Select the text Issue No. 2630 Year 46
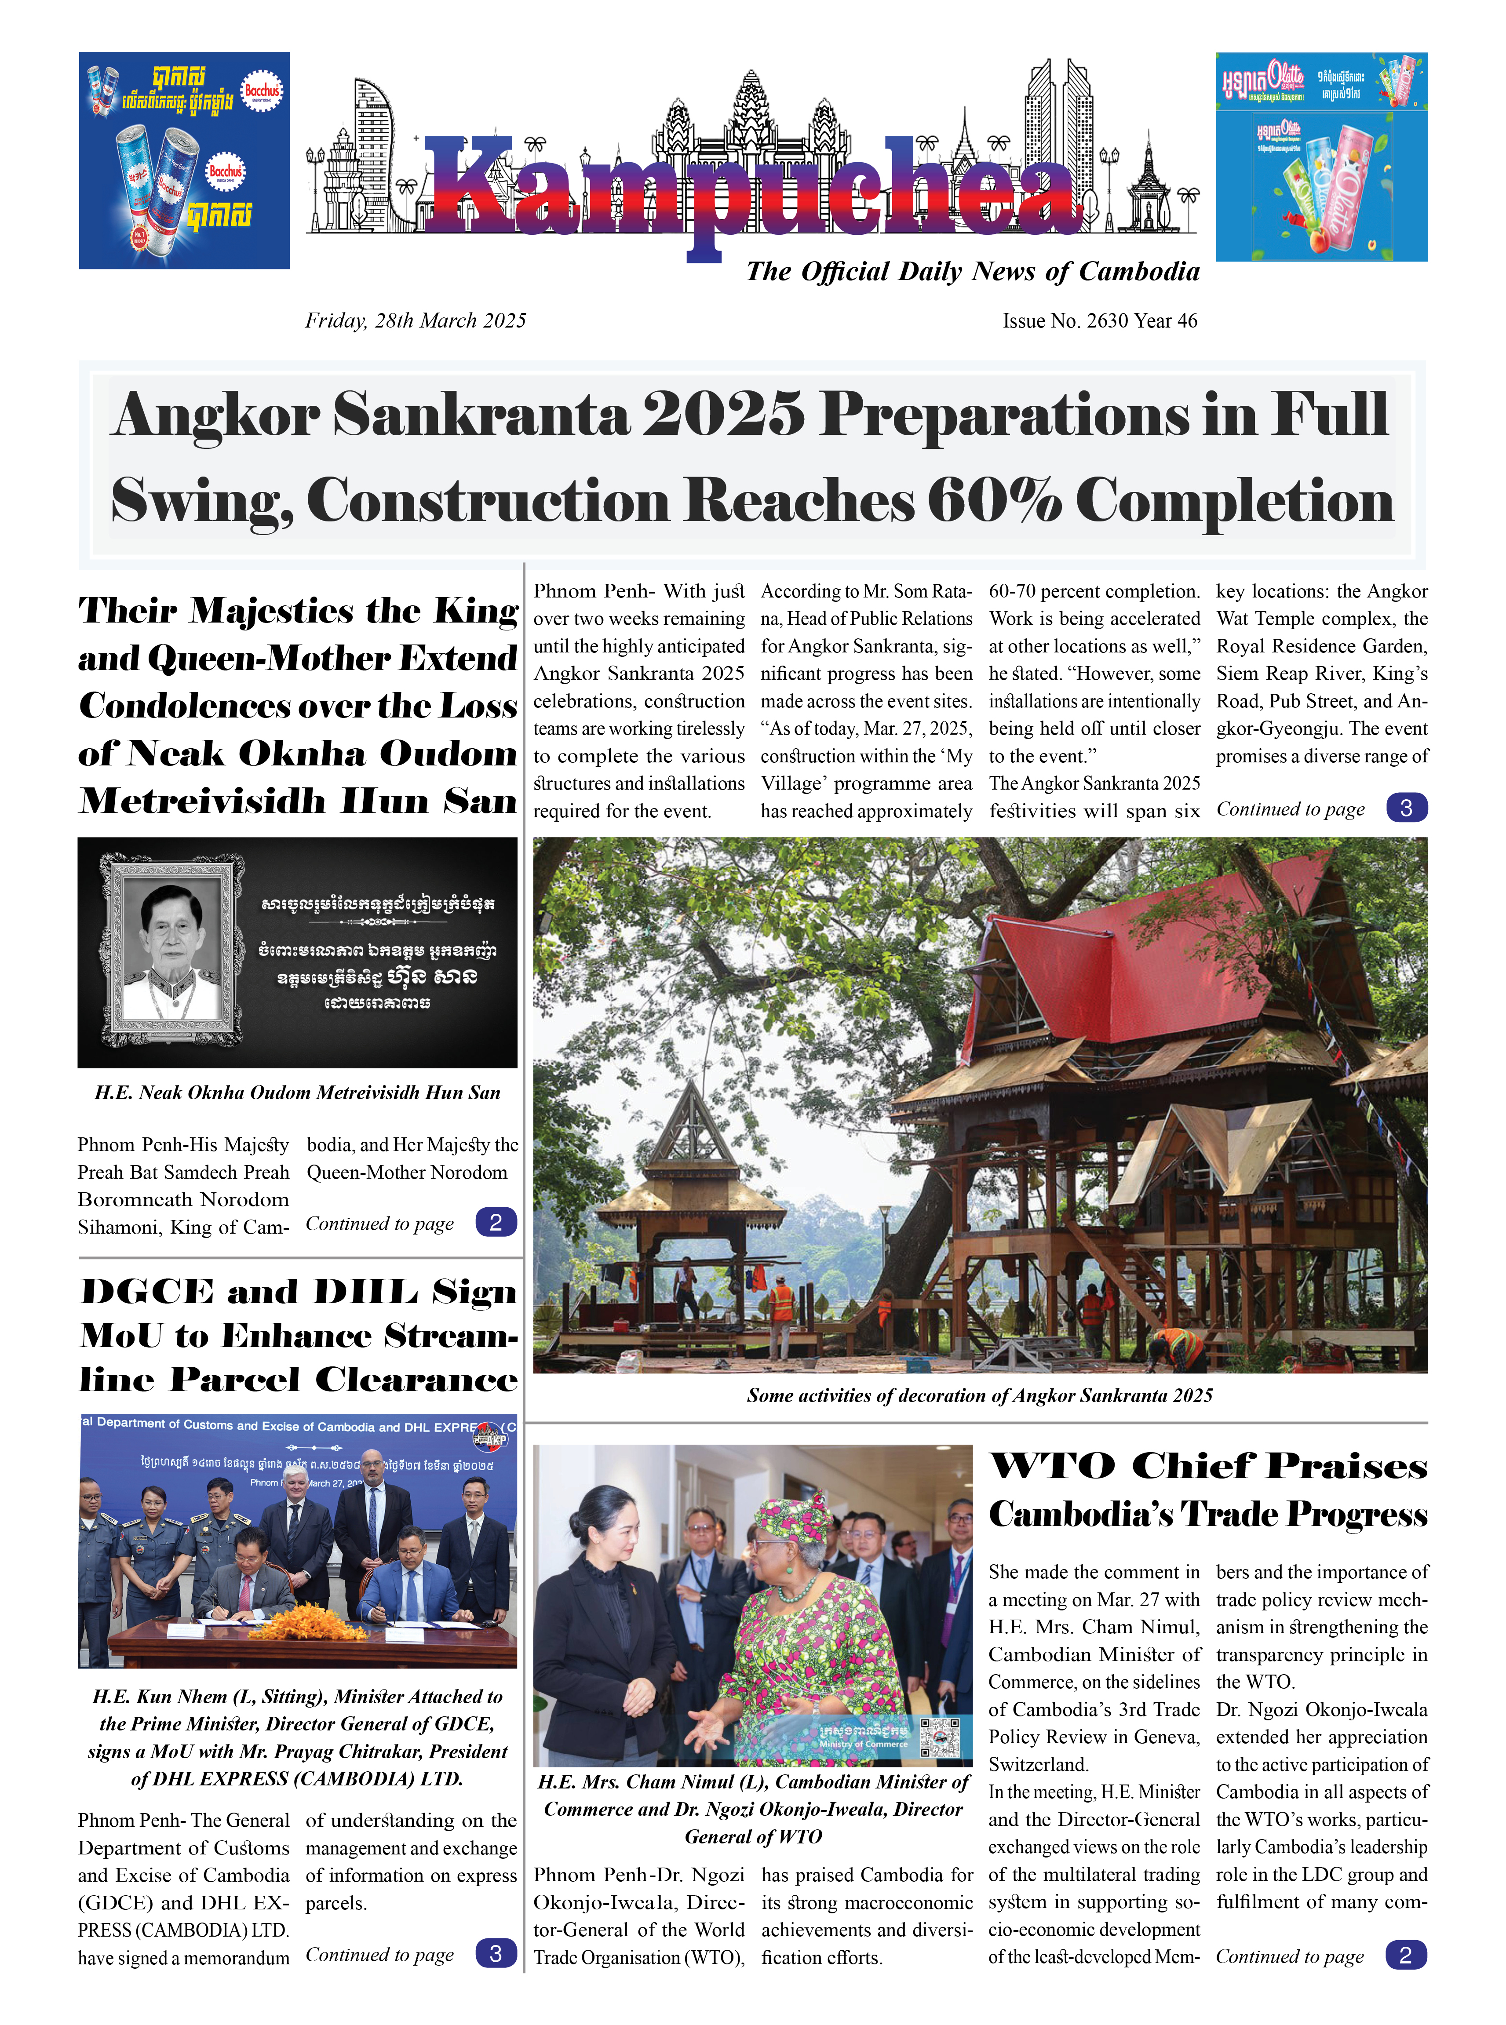(x=1099, y=321)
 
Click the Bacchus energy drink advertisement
(x=184, y=160)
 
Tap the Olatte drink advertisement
(x=1321, y=157)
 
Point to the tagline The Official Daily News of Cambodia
(x=972, y=272)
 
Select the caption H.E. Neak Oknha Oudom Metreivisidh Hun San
(x=297, y=1093)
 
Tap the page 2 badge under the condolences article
(x=496, y=1222)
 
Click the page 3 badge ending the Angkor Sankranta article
(x=1406, y=808)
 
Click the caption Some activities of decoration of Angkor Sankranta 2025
(x=979, y=1395)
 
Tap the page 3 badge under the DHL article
(x=496, y=1953)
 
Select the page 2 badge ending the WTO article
(x=1405, y=1955)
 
